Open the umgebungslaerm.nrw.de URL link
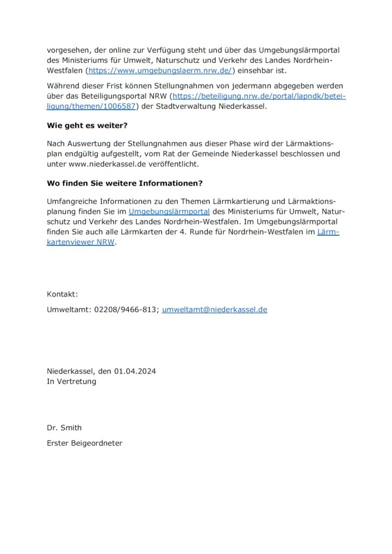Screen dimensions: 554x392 tap(160, 70)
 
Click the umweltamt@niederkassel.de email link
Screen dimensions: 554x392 tap(215, 309)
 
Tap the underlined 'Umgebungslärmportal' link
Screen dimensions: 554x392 tap(169, 212)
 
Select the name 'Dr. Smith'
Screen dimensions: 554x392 tap(64, 427)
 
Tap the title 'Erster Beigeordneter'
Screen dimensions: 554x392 tap(85, 443)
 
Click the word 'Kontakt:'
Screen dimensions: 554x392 tap(63, 294)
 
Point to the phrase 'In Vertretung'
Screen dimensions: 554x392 tap(71, 381)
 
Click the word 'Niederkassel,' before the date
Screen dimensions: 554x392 tap(71, 371)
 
